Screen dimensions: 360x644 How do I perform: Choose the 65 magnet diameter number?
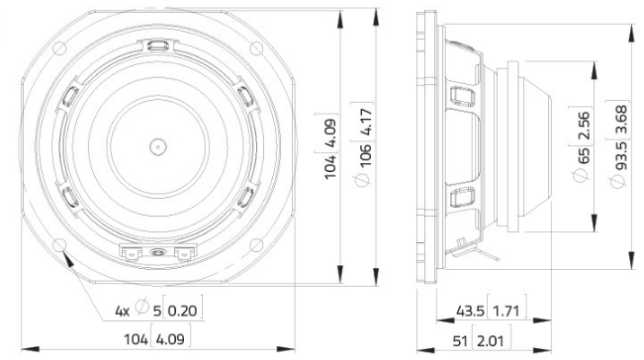pyautogui.click(x=584, y=154)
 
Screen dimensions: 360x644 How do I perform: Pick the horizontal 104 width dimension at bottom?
pyautogui.click(x=136, y=341)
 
